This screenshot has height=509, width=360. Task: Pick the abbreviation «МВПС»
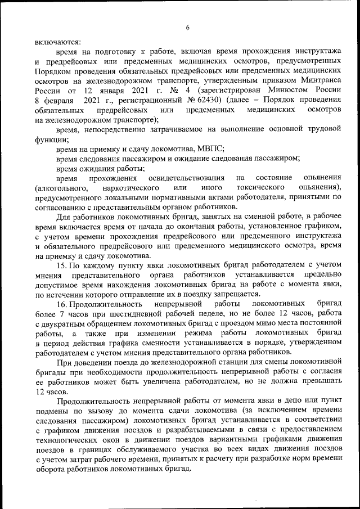tap(210, 148)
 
